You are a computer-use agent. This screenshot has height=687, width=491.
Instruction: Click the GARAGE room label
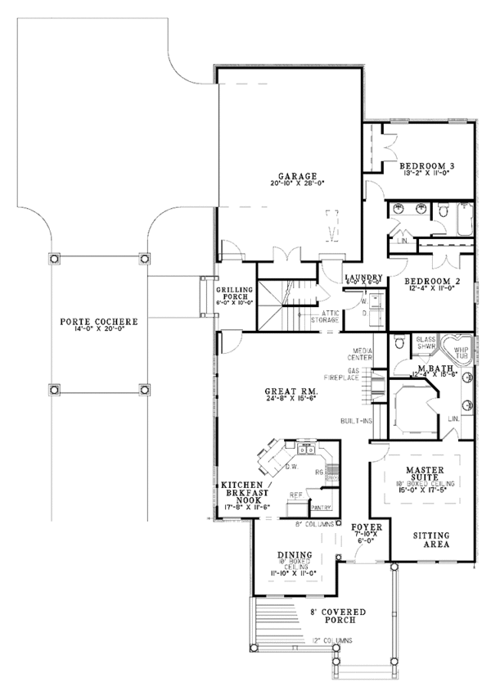pyautogui.click(x=291, y=175)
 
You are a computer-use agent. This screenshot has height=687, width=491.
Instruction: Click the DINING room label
pyautogui.click(x=294, y=554)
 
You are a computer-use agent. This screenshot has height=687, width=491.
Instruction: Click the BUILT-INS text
pyautogui.click(x=356, y=421)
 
